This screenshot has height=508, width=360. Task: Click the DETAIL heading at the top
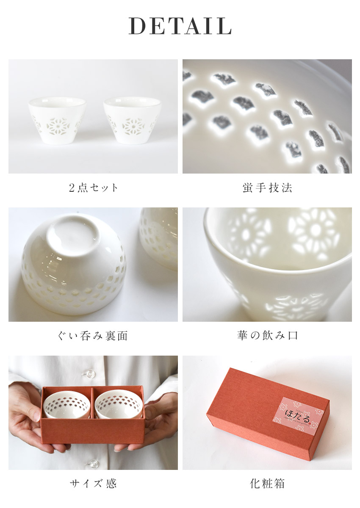pos(180,26)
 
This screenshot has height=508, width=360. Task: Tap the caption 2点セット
pos(93,188)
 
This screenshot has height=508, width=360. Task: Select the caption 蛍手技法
pos(267,188)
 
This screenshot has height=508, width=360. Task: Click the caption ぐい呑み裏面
pos(93,336)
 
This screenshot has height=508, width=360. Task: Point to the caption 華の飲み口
pos(267,336)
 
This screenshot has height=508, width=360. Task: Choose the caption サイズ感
pos(93,483)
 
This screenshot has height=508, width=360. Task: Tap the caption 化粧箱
pos(267,483)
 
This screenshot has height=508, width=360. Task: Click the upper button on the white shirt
pos(90,374)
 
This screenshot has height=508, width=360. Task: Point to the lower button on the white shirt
pos(90,463)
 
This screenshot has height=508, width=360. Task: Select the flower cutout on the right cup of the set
pos(132,126)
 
